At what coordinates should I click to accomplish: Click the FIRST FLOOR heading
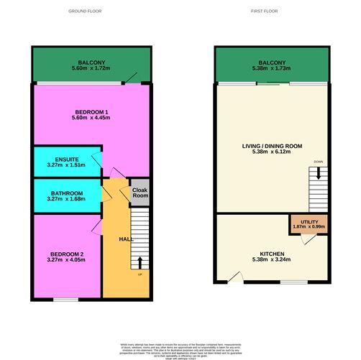[x=265, y=11]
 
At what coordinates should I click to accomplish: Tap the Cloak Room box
[x=140, y=193]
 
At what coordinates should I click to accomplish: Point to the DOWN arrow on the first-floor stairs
[x=318, y=173]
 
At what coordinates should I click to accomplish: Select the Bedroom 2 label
[x=66, y=254]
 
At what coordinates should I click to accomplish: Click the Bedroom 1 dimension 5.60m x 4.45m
[x=92, y=119]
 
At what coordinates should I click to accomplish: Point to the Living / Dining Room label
[x=272, y=145]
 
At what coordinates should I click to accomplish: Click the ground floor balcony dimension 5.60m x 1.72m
[x=92, y=68]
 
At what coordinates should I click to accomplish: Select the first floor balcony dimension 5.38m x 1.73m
[x=272, y=68]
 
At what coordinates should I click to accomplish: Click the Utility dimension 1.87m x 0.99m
[x=308, y=226]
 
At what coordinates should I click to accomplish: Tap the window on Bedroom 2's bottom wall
[x=66, y=297]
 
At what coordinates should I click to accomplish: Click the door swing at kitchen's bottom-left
[x=234, y=277]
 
